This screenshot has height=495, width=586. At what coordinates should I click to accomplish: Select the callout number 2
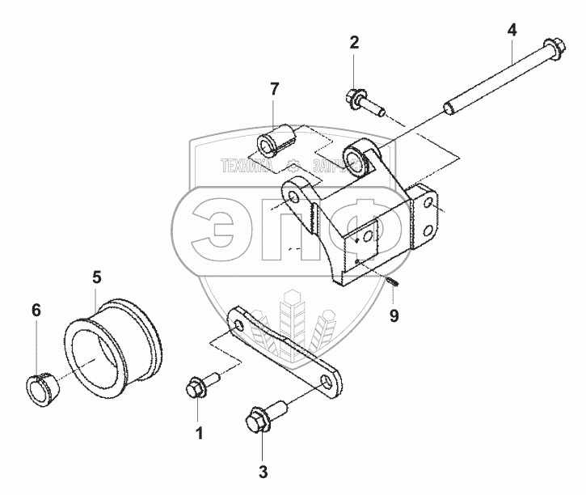354,42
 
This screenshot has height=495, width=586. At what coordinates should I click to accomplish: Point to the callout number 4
512,31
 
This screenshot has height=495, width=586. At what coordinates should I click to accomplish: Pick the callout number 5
96,277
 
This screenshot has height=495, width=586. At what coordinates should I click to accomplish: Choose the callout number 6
36,309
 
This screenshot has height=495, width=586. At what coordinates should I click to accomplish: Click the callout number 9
394,315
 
